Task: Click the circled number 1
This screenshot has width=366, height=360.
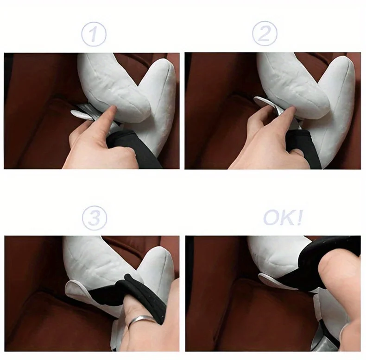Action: pyautogui.click(x=94, y=34)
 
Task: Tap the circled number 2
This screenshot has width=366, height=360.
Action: pyautogui.click(x=265, y=33)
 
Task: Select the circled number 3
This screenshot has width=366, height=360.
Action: pyautogui.click(x=95, y=218)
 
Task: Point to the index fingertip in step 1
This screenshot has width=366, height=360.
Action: pyautogui.click(x=113, y=108)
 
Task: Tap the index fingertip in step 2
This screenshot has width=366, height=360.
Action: pyautogui.click(x=292, y=109)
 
